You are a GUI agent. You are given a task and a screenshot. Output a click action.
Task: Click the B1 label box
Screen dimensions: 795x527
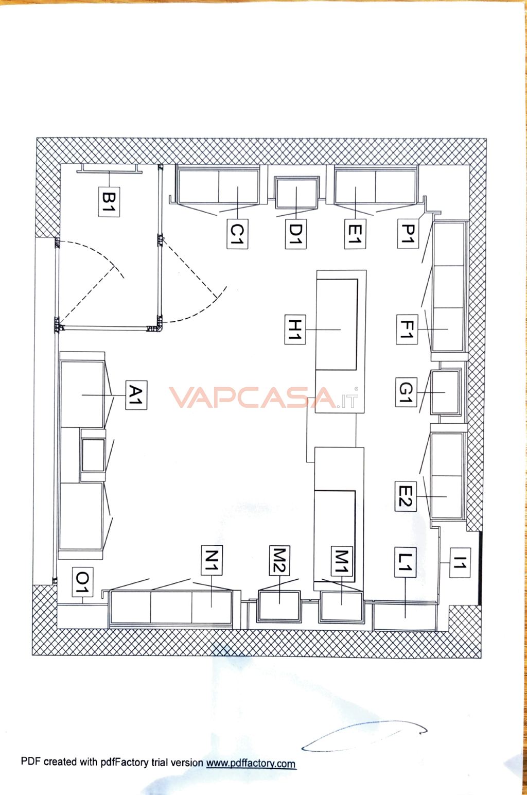[x=110, y=201]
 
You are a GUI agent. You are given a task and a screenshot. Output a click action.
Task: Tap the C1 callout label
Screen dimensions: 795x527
[x=237, y=234]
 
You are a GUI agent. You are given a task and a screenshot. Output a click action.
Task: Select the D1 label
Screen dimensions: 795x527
[x=295, y=234]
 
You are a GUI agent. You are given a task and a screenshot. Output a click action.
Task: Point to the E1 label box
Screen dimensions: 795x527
[x=355, y=234]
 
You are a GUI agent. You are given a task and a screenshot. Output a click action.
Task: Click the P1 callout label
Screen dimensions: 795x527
[x=407, y=234]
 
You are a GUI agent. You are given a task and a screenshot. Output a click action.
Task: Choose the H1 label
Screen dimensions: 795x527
[x=295, y=330]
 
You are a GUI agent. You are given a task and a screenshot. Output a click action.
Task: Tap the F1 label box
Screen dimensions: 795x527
[x=407, y=330]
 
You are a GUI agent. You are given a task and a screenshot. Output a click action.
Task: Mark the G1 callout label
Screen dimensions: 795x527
[x=406, y=392]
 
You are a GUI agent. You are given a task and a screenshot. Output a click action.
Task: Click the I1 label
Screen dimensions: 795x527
[x=460, y=563]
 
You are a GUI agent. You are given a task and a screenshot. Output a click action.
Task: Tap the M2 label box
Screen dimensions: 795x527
[x=279, y=560]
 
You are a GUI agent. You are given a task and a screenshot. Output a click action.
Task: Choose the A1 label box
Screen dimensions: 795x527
[x=136, y=395]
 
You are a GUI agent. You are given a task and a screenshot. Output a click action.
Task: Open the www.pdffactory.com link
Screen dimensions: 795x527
[x=251, y=763]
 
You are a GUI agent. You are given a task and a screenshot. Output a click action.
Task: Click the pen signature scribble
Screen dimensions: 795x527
[x=363, y=736]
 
